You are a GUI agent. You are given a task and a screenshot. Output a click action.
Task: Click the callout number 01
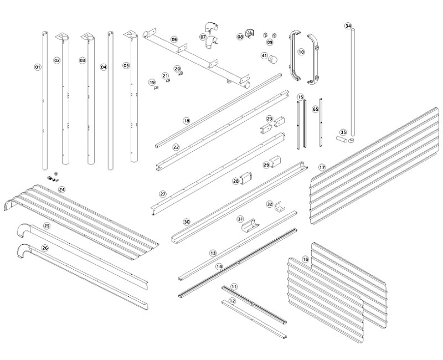tap(38, 67)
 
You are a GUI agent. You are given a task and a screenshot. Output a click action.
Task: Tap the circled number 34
tap(348, 26)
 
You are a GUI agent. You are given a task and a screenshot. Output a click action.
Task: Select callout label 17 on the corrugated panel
tap(322, 167)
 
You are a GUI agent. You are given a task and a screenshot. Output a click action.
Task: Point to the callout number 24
tap(62, 189)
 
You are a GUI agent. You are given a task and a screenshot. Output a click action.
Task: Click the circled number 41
tap(264, 55)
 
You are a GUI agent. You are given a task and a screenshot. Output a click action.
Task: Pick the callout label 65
tap(315, 109)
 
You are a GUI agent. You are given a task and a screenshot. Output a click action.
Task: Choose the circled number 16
tap(305, 259)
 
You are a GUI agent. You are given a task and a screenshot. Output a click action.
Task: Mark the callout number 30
tap(187, 222)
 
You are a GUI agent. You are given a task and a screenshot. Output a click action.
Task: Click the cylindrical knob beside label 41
tap(274, 60)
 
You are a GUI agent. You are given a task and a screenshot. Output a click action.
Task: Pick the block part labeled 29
tap(275, 162)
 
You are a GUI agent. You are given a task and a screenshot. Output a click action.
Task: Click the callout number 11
tap(234, 286)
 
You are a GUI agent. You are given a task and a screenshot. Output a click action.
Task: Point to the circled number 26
tap(45, 248)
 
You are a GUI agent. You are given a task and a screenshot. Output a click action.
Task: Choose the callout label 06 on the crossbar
tap(174, 39)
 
